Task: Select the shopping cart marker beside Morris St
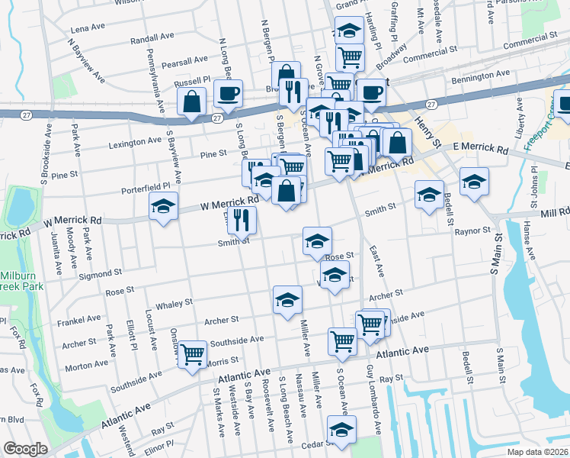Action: (193, 353)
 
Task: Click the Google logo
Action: (26, 449)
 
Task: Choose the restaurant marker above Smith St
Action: (242, 220)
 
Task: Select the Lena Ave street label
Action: (86, 29)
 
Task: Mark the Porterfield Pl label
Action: (145, 187)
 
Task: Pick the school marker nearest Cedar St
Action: (341, 430)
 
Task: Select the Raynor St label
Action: (472, 230)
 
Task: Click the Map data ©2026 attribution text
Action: (538, 450)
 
